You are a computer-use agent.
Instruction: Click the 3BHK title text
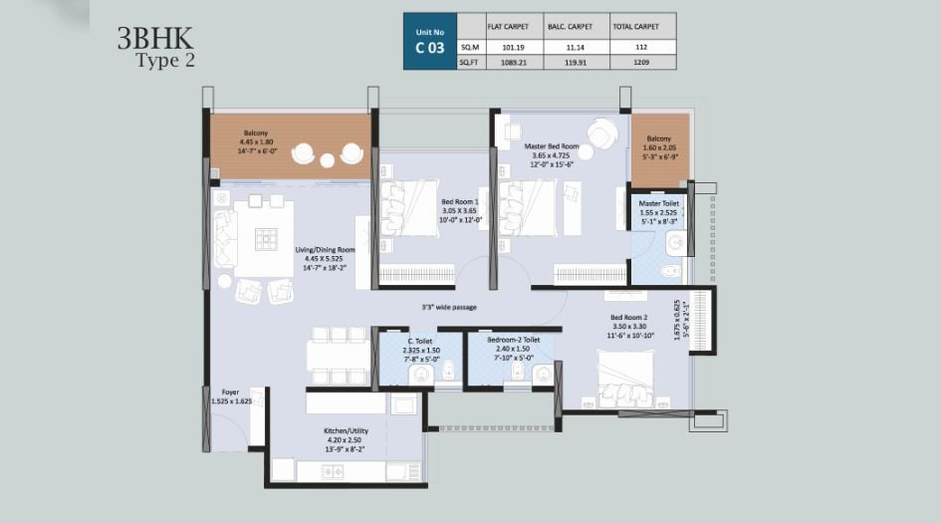(x=155, y=38)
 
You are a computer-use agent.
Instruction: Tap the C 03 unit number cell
(x=429, y=47)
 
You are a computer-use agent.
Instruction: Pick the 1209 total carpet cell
(x=640, y=62)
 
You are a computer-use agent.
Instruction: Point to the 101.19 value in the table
(x=513, y=46)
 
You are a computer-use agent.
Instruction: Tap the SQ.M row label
(x=469, y=46)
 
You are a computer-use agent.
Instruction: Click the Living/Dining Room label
(x=325, y=250)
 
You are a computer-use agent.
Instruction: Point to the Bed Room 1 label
(x=460, y=202)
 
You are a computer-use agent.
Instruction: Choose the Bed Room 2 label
(x=628, y=319)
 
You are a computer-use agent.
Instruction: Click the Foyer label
(x=230, y=392)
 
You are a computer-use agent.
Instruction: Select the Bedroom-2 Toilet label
(x=513, y=340)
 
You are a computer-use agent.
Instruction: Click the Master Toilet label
(x=658, y=203)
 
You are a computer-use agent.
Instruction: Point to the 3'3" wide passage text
(x=449, y=307)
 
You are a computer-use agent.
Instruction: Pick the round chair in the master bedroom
(x=602, y=131)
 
